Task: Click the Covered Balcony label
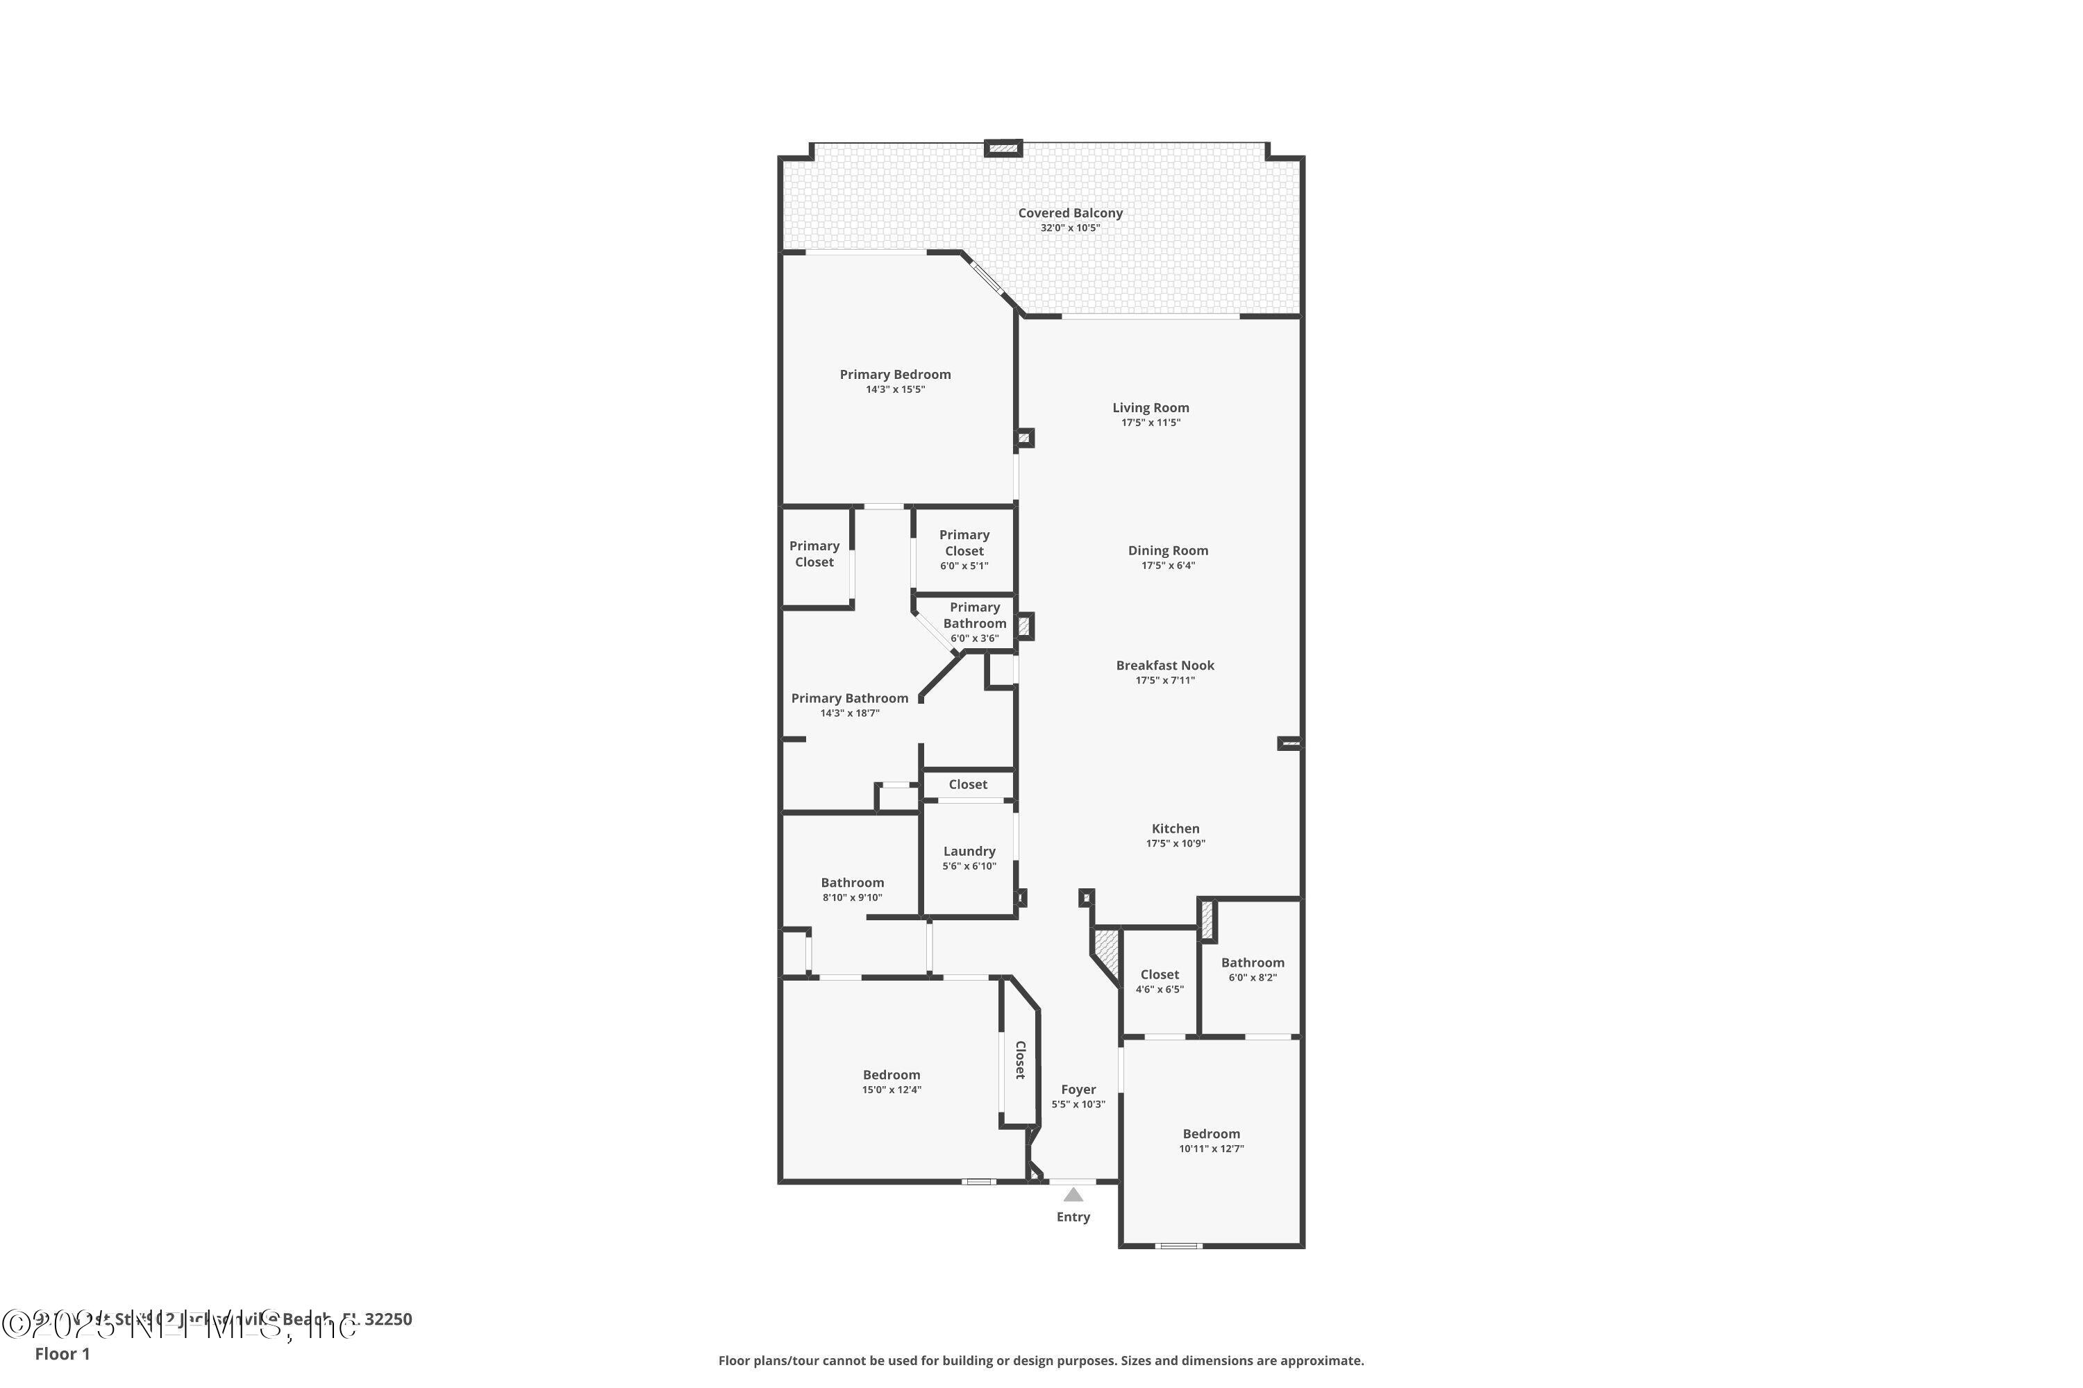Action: click(1070, 213)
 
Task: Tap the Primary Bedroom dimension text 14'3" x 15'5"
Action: click(894, 389)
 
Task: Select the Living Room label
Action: click(1151, 408)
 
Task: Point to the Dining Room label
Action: click(1167, 550)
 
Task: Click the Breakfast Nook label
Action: click(1164, 666)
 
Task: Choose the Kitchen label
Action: click(1176, 829)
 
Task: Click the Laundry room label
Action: click(969, 852)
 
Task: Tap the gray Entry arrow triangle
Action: click(1073, 1195)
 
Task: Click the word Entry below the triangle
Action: click(1073, 1217)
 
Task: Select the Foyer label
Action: click(1078, 1090)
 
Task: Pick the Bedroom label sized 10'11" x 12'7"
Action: click(1211, 1134)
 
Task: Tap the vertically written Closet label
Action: click(1019, 1060)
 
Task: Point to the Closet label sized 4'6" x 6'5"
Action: click(1160, 974)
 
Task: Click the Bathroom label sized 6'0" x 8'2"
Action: click(1253, 963)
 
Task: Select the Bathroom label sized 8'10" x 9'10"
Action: click(852, 883)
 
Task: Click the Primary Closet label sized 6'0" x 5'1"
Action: click(964, 543)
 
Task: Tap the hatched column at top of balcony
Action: click(1003, 148)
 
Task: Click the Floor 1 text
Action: click(62, 1353)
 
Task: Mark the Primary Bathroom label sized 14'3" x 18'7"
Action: click(849, 698)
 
